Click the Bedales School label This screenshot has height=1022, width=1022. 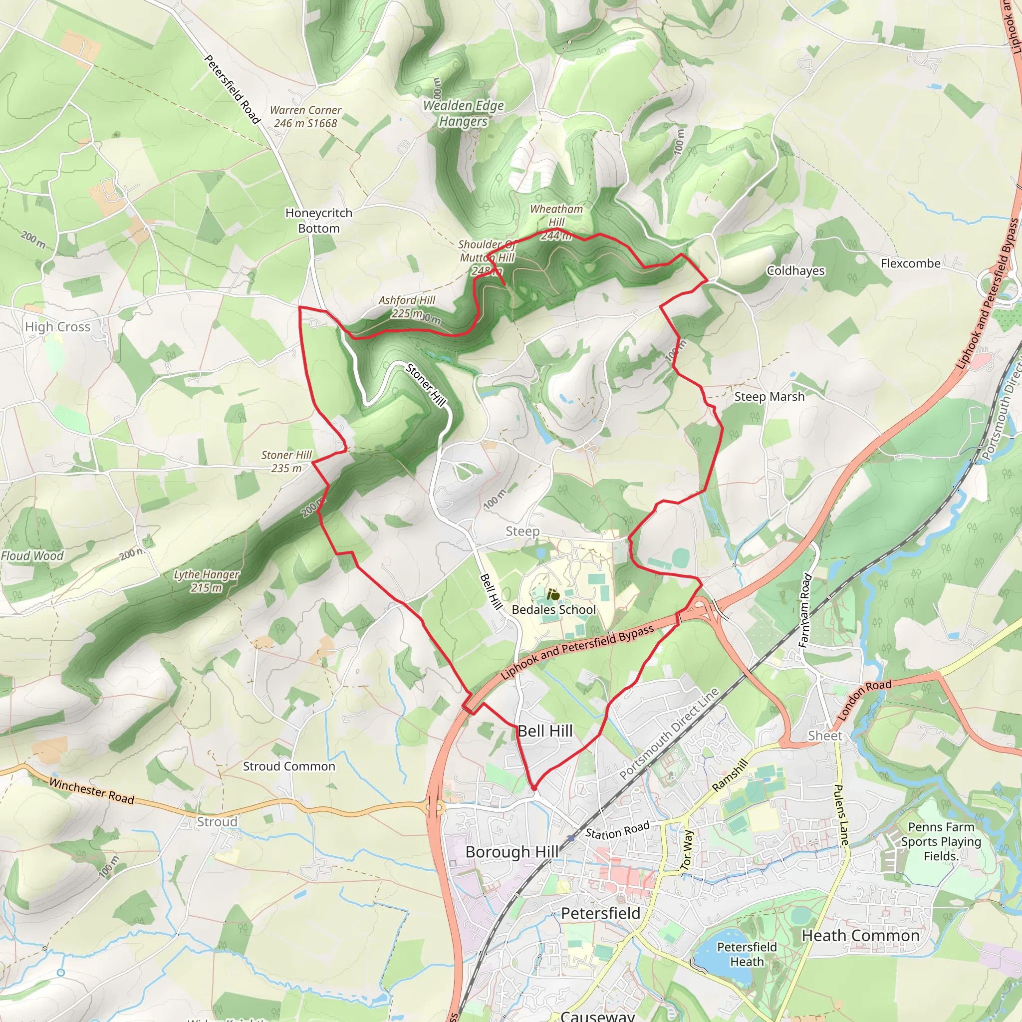tap(553, 609)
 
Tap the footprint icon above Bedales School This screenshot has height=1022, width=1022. tap(553, 594)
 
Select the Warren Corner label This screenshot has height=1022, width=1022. tap(305, 116)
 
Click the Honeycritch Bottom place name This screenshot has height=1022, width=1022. tap(318, 221)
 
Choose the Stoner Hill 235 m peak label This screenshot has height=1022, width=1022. tap(286, 461)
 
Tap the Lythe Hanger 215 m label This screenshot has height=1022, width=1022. tap(206, 581)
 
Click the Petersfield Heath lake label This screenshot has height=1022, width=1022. tap(747, 954)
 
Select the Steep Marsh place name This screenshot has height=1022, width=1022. tap(768, 397)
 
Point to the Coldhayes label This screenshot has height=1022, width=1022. tap(795, 271)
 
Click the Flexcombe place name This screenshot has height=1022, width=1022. tap(910, 263)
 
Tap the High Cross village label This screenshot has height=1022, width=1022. tap(58, 327)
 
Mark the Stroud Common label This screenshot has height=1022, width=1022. tap(289, 766)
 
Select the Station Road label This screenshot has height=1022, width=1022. tap(617, 830)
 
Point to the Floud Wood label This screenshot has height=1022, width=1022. tap(32, 556)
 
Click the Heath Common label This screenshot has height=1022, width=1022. tap(860, 936)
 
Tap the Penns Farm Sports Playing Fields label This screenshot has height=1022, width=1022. tap(941, 841)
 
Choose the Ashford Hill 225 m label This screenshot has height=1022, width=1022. tap(407, 307)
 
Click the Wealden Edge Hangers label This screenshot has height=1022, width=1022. tap(464, 113)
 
